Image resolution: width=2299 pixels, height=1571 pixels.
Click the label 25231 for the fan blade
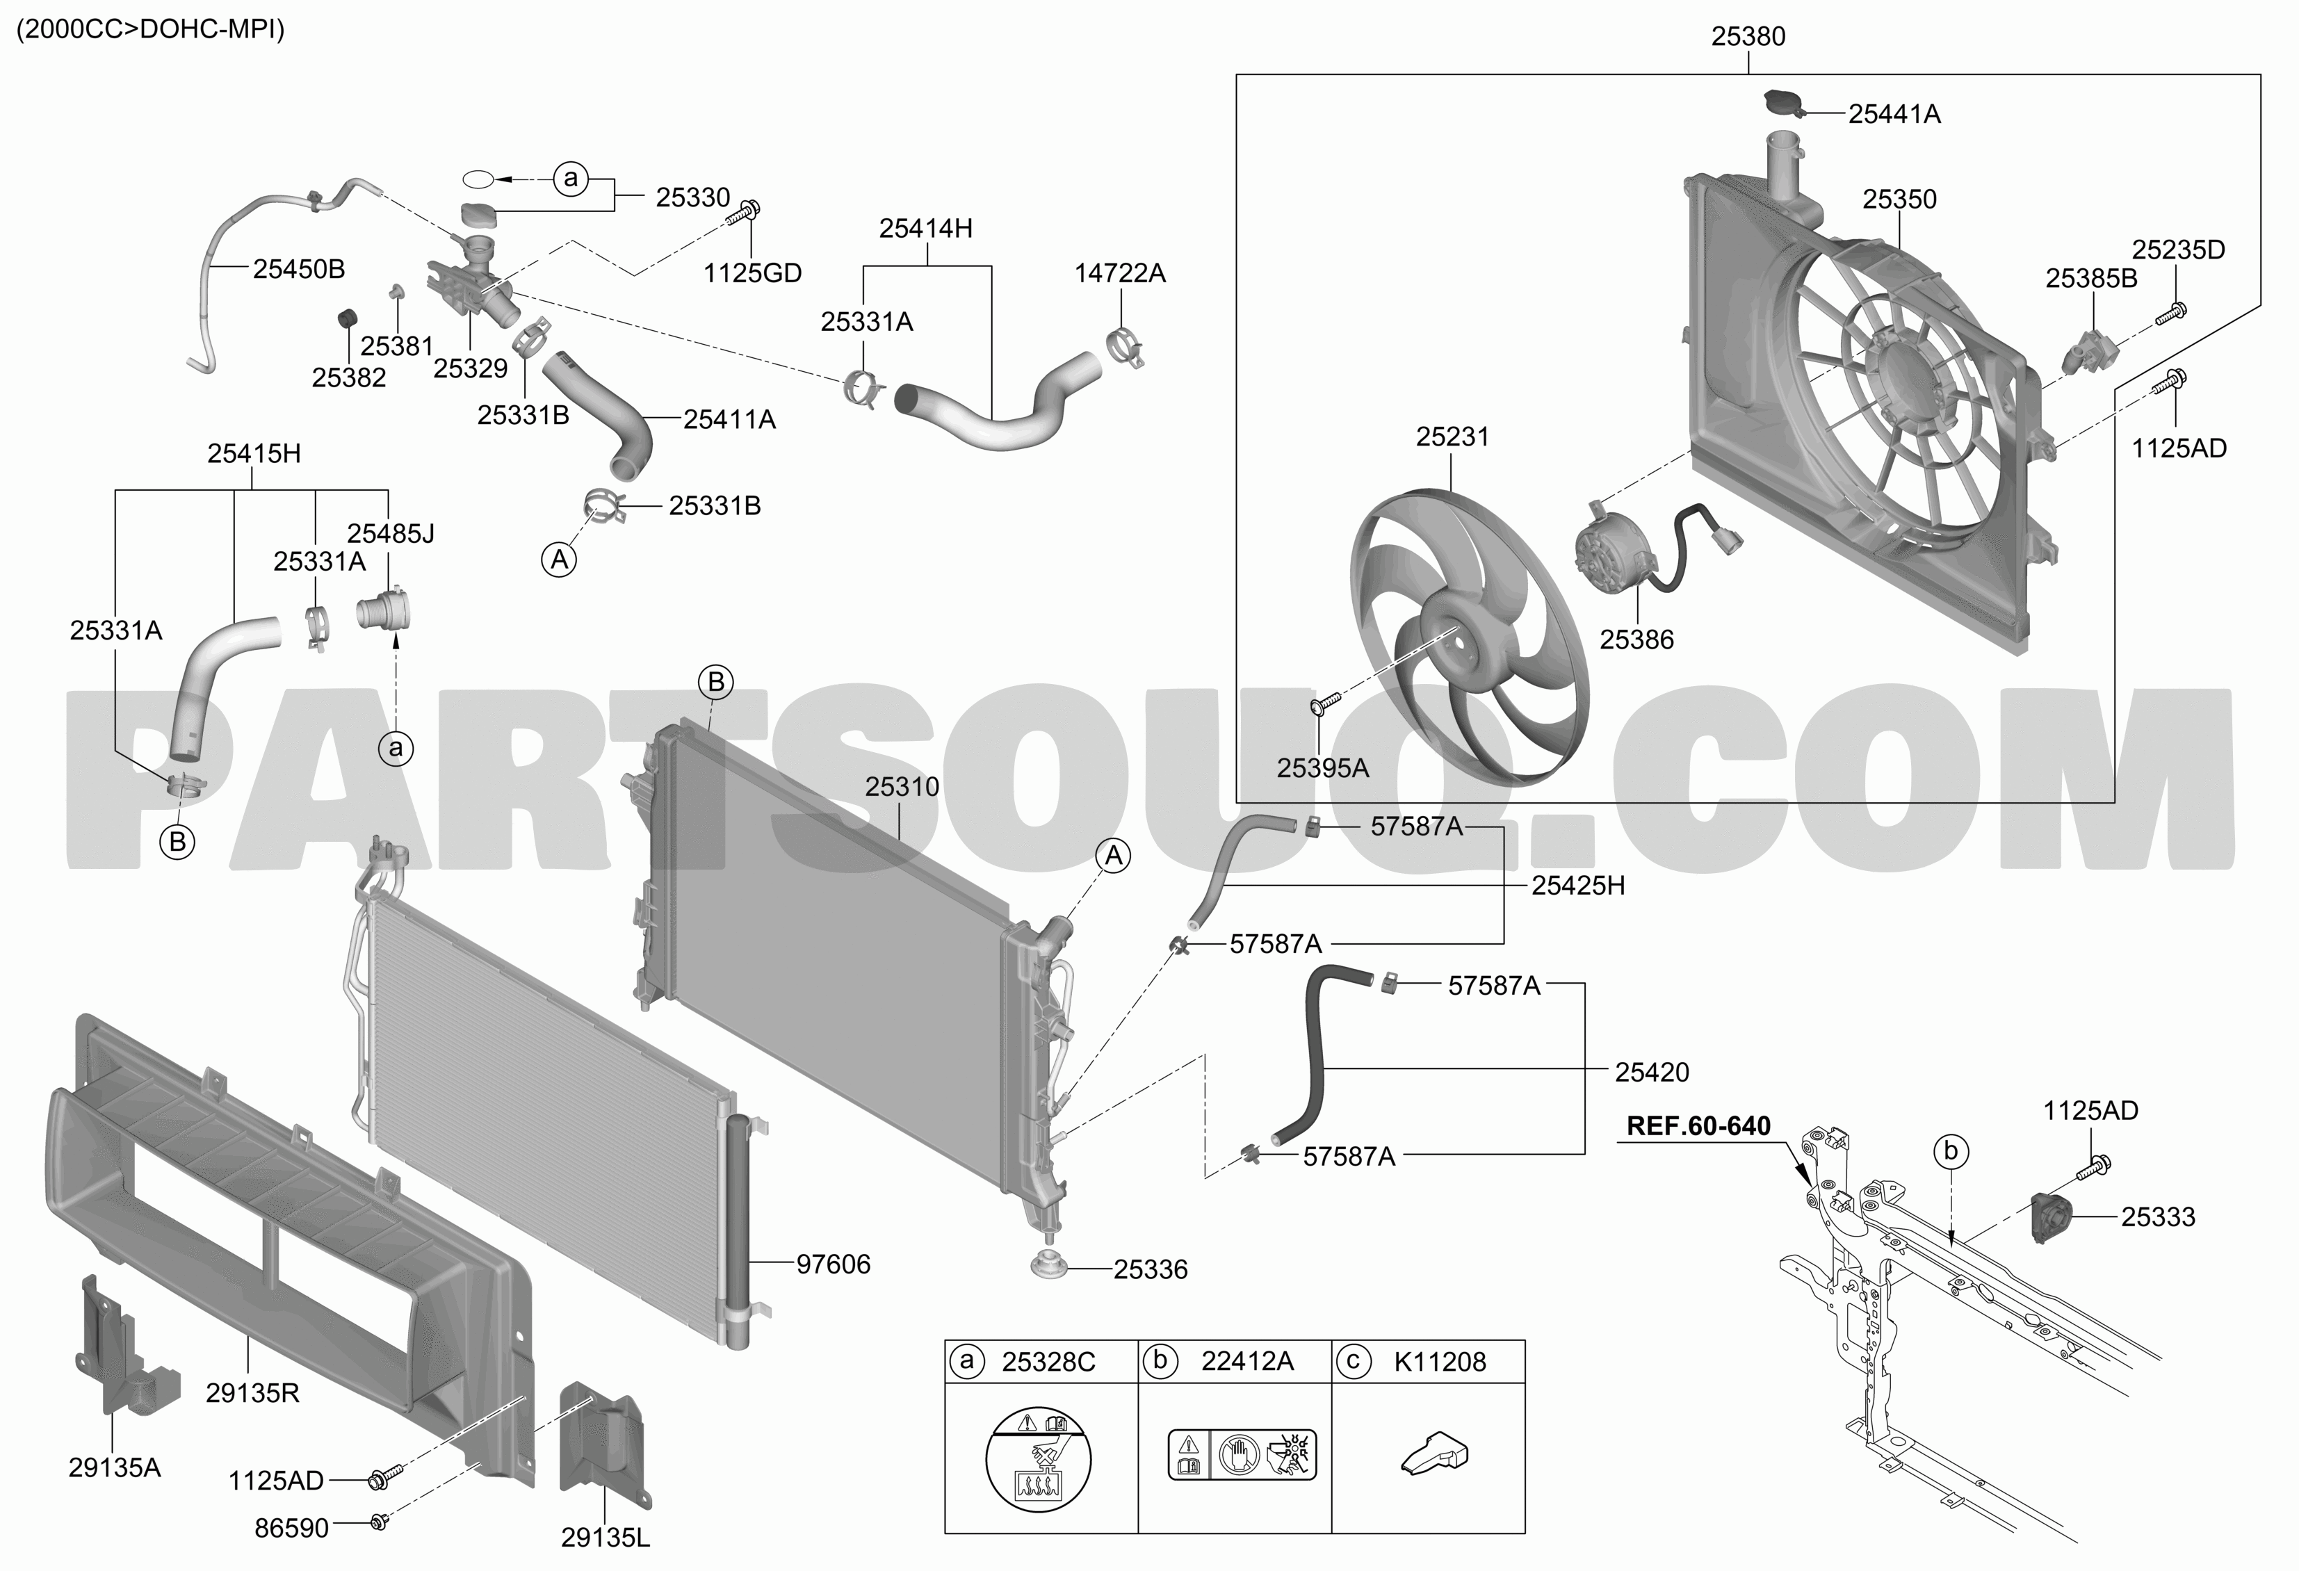1452,437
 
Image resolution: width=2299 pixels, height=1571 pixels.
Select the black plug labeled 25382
347,318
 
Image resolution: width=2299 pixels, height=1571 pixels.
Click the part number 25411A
729,419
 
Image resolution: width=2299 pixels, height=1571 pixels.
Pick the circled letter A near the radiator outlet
1114,856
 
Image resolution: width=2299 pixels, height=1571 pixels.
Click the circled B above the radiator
716,682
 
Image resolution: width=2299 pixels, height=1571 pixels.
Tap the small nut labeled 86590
378,1522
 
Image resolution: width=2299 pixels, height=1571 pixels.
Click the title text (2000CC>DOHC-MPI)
150,30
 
